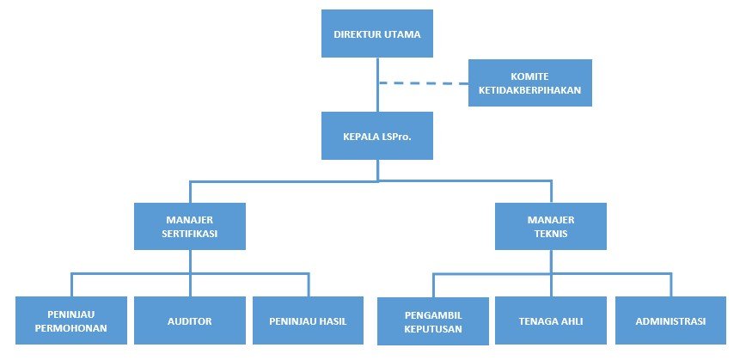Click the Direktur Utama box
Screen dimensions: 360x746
pos(376,34)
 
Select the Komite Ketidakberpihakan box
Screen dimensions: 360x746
pos(529,82)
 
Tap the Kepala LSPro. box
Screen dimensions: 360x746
pos(376,136)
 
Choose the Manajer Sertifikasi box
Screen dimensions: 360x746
pos(190,226)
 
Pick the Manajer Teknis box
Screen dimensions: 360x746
pos(550,226)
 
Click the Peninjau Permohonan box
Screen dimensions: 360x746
pos(71,320)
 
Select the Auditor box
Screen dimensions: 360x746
pos(190,320)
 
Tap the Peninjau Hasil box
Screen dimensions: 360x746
pos(309,320)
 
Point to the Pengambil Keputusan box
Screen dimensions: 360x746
pos(432,321)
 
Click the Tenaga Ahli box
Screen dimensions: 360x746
pos(551,320)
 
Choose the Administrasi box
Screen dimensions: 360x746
pos(670,320)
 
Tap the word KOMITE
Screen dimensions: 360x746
pos(529,76)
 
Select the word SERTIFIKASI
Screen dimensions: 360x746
pos(190,233)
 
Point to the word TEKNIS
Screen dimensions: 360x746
pos(550,233)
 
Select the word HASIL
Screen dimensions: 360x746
pos(333,321)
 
